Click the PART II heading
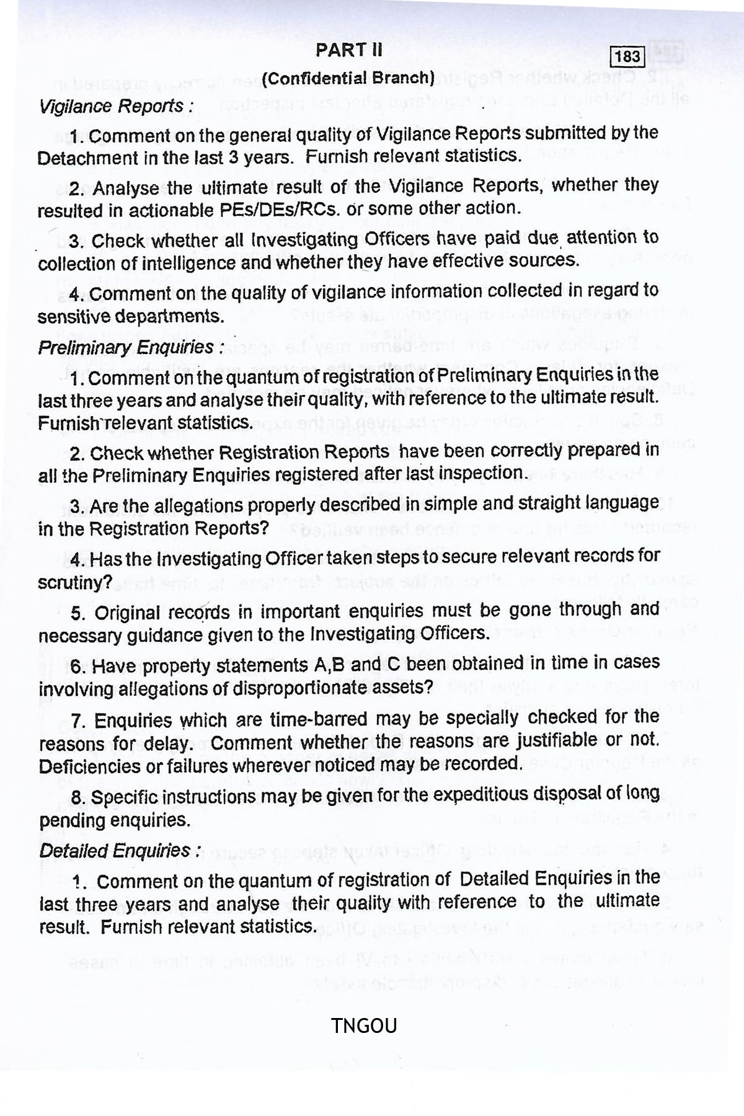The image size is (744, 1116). pyautogui.click(x=349, y=50)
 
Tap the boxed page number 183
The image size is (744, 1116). pyautogui.click(x=627, y=57)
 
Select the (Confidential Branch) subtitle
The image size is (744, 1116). pyautogui.click(x=348, y=79)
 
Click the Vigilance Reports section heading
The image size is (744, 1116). pyautogui.click(x=115, y=107)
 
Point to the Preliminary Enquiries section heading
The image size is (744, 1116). pyautogui.click(x=130, y=347)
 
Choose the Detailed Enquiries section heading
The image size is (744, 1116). pyautogui.click(x=120, y=851)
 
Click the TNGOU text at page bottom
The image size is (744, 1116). pyautogui.click(x=364, y=1026)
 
